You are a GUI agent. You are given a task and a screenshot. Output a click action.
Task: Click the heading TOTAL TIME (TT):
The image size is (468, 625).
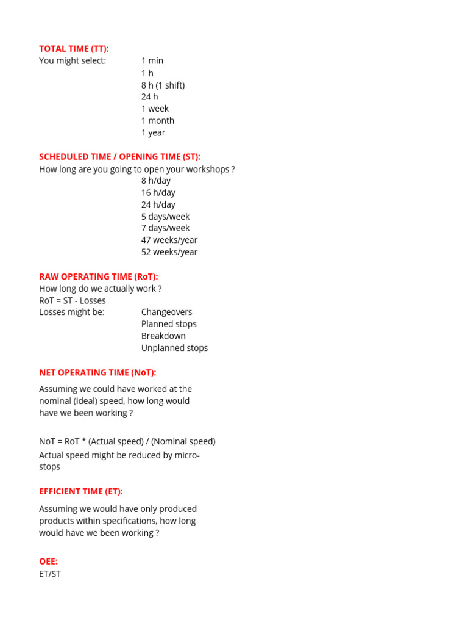tap(74, 49)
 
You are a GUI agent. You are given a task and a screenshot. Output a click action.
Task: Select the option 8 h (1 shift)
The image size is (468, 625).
tap(163, 85)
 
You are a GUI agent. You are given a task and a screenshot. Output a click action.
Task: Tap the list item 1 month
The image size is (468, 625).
tap(157, 121)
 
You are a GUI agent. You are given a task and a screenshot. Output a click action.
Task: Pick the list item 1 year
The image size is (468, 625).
tap(153, 132)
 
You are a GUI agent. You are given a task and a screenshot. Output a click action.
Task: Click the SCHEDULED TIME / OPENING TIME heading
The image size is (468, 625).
tap(119, 157)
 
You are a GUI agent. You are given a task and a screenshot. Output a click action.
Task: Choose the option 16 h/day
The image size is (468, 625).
tap(158, 192)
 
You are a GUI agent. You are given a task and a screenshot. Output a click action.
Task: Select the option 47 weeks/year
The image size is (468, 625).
tap(169, 240)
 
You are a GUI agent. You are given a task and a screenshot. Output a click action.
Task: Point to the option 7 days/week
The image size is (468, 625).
tap(165, 228)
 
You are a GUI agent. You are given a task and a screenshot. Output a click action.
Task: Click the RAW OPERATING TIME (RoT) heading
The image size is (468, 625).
tap(98, 276)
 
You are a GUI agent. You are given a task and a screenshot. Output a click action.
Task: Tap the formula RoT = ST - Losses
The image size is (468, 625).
tap(72, 300)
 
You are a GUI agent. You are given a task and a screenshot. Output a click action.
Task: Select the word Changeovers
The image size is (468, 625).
tap(166, 312)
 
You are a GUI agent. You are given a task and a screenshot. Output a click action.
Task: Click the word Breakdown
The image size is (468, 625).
tap(163, 336)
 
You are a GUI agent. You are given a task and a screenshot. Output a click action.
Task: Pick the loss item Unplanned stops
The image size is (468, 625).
tap(174, 348)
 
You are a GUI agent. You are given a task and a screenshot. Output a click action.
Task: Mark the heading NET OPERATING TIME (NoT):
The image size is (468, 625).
tap(97, 372)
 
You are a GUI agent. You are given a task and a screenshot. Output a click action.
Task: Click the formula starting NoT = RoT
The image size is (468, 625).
tap(127, 441)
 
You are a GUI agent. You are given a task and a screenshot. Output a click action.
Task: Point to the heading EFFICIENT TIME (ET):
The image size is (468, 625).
tap(80, 491)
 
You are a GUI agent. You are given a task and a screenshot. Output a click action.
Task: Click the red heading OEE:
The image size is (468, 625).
tap(48, 562)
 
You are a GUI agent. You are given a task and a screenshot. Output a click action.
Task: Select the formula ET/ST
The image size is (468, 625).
tap(50, 574)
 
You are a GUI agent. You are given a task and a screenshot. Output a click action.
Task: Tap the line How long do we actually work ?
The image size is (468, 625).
tap(100, 288)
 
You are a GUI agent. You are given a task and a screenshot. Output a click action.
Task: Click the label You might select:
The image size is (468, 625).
tap(72, 60)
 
